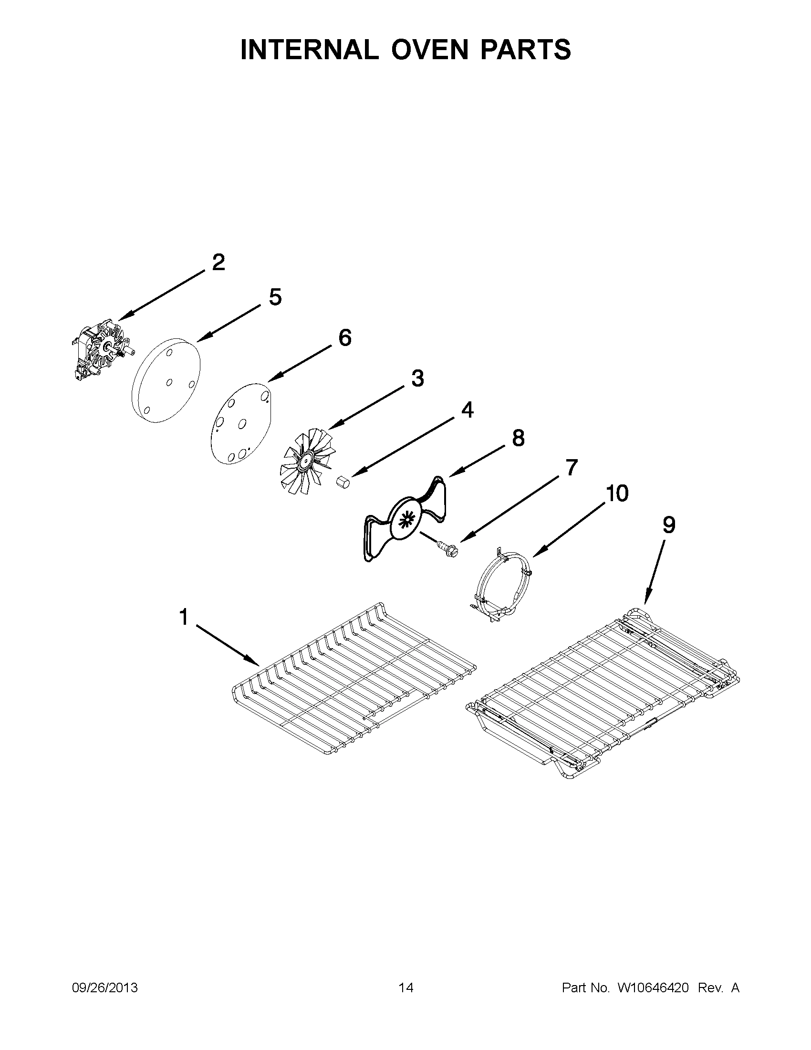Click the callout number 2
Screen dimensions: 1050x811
click(x=218, y=262)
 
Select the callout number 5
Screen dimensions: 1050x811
click(x=275, y=297)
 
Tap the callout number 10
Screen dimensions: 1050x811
click(x=617, y=493)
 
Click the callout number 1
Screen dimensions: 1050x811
click(x=184, y=617)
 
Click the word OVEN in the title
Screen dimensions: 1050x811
click(x=429, y=50)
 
